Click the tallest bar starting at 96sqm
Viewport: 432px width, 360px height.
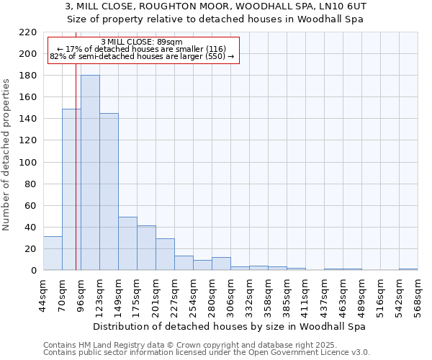[90, 173]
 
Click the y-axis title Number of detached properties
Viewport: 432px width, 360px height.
[7, 151]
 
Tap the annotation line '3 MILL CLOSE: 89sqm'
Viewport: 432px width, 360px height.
[142, 42]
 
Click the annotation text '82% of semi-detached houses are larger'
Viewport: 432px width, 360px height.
[142, 56]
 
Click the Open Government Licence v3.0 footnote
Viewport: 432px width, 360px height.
[207, 353]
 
